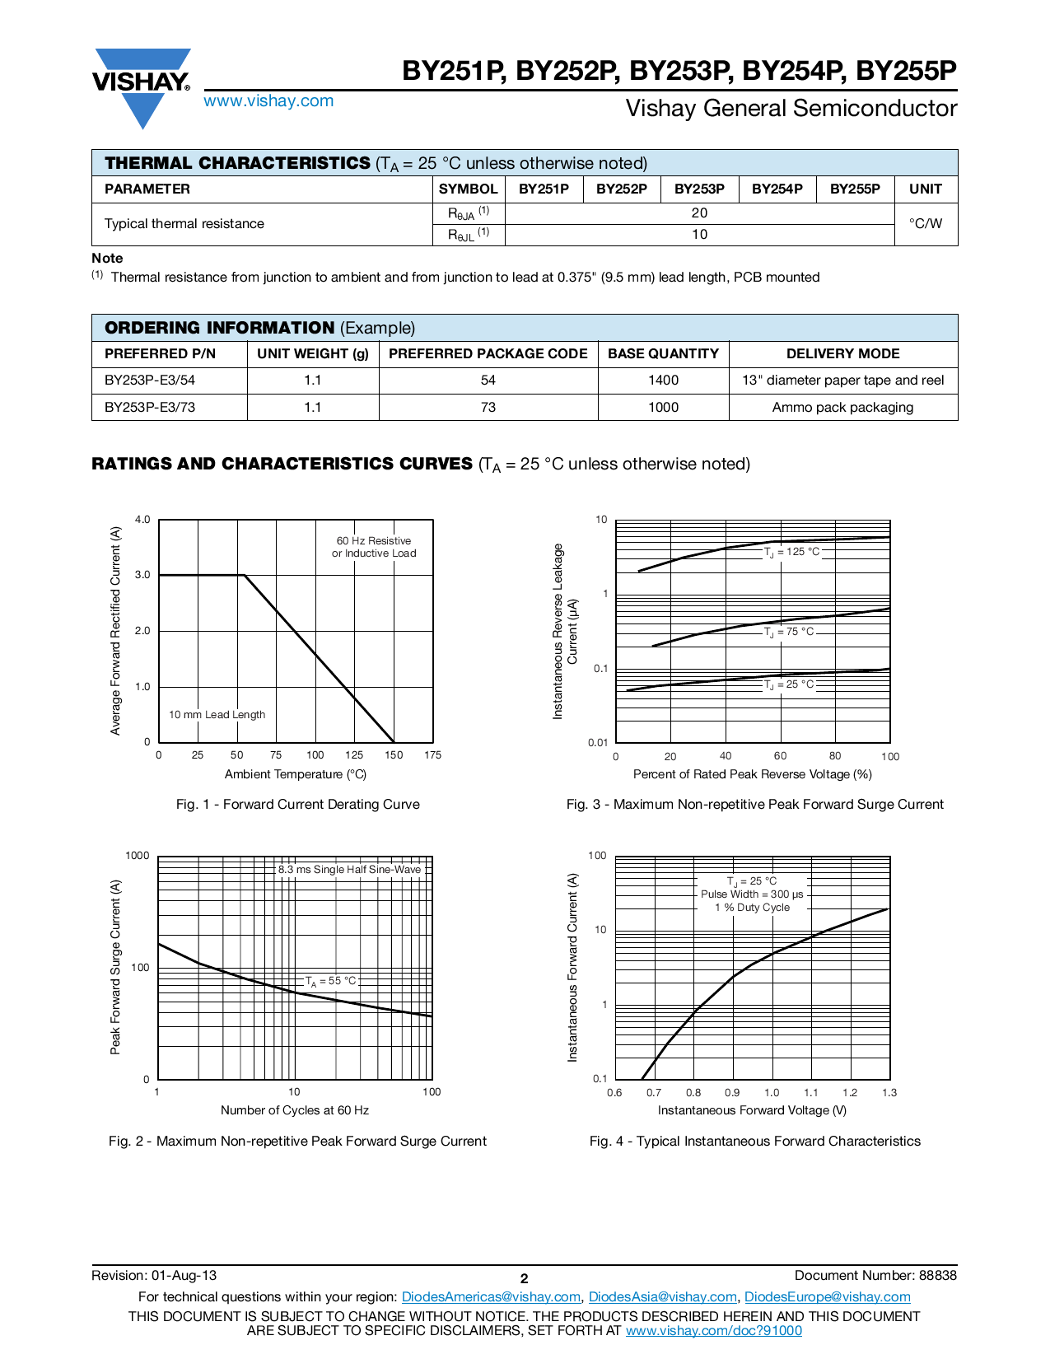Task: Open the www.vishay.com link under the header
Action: pyautogui.click(x=268, y=101)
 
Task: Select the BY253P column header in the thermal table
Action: pyautogui.click(x=699, y=189)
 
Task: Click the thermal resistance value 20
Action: pyautogui.click(x=699, y=213)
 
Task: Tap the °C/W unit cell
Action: pyautogui.click(x=926, y=224)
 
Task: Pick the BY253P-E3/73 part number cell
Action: pyautogui.click(x=150, y=408)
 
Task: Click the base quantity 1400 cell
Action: pyautogui.click(x=663, y=381)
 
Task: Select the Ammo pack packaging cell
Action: pyautogui.click(x=842, y=408)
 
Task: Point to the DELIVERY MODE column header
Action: pyautogui.click(x=842, y=354)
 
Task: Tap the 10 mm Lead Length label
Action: pyautogui.click(x=217, y=715)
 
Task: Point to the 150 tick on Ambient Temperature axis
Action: pyautogui.click(x=394, y=755)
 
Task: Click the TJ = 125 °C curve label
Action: pyautogui.click(x=792, y=552)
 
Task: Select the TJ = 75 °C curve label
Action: pyautogui.click(x=789, y=632)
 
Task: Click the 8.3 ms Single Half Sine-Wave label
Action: pyautogui.click(x=349, y=870)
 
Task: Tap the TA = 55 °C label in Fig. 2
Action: pyautogui.click(x=331, y=981)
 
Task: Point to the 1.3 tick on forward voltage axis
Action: pyautogui.click(x=889, y=1093)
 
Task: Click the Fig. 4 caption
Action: pyautogui.click(x=754, y=1142)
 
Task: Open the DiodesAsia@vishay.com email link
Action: pyautogui.click(x=662, y=1297)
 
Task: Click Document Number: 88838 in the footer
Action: pyautogui.click(x=875, y=1276)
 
